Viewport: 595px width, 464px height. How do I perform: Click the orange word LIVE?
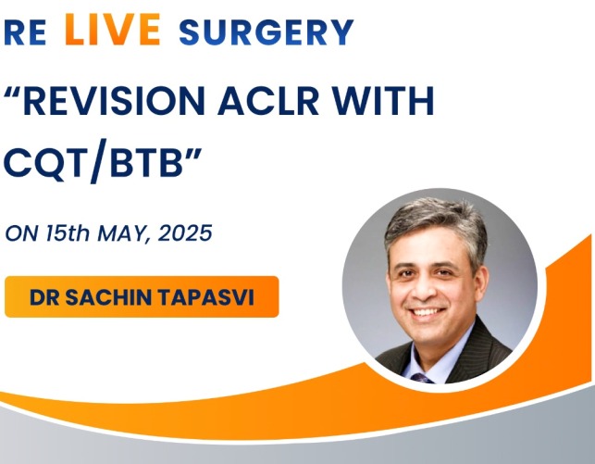[113, 30]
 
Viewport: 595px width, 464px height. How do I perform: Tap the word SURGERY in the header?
[266, 32]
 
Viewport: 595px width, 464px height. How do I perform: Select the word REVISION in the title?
[114, 101]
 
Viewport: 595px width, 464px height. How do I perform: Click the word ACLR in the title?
[268, 101]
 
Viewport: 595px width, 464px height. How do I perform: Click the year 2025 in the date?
[185, 232]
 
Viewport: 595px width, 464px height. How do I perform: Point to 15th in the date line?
[68, 232]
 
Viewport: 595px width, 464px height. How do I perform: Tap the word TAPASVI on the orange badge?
[206, 297]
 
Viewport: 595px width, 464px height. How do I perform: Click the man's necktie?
[422, 378]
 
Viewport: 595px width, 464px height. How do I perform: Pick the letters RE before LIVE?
[25, 32]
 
